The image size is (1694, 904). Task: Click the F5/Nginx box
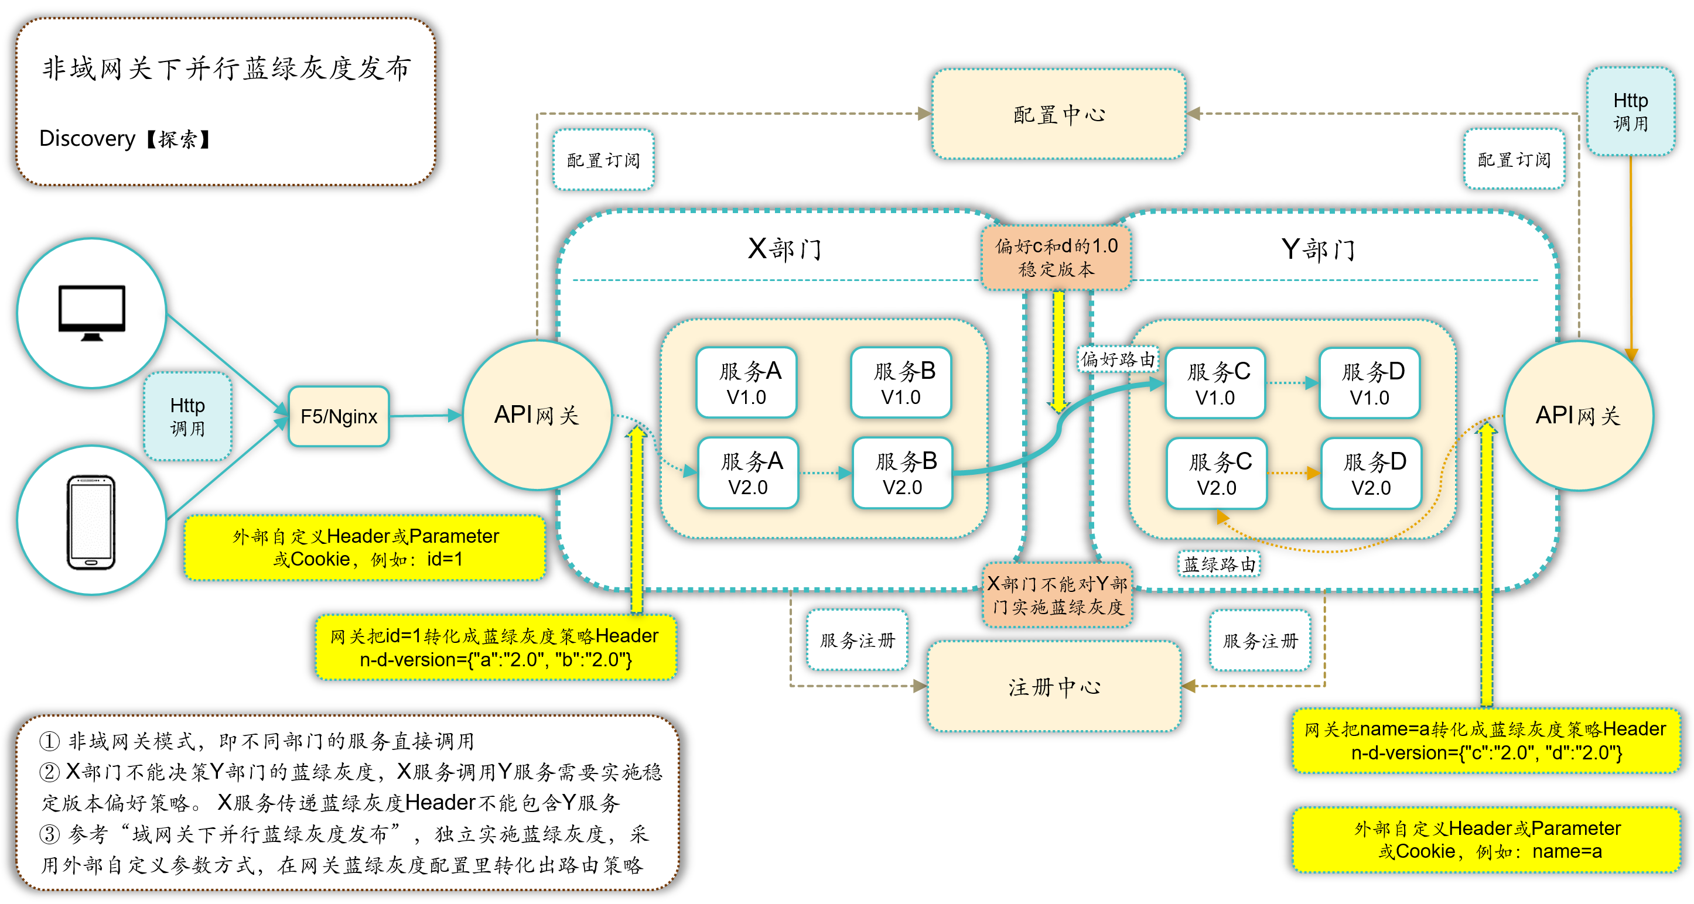(x=339, y=416)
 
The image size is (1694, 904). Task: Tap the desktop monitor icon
(x=91, y=312)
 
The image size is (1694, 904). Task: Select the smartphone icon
(x=91, y=522)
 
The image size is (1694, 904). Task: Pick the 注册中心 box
(x=1054, y=687)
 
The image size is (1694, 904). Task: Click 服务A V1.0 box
(x=747, y=383)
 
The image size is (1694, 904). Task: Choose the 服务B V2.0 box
(x=903, y=473)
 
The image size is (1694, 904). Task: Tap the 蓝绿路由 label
(x=1218, y=564)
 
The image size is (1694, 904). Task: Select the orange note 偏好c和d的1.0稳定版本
(x=1056, y=257)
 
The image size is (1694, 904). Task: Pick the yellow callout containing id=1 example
(x=366, y=547)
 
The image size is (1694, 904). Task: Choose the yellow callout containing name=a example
(x=1487, y=840)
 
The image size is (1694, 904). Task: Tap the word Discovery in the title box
(x=87, y=139)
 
